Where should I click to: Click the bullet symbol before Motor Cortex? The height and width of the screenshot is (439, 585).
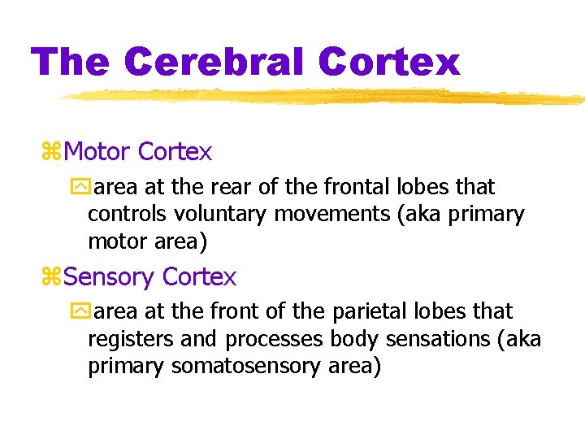tap(50, 152)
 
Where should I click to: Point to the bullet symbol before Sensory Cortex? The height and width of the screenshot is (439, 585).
tap(50, 277)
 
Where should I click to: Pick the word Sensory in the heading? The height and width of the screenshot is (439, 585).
tap(109, 277)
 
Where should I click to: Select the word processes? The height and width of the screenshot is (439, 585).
tap(275, 339)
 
